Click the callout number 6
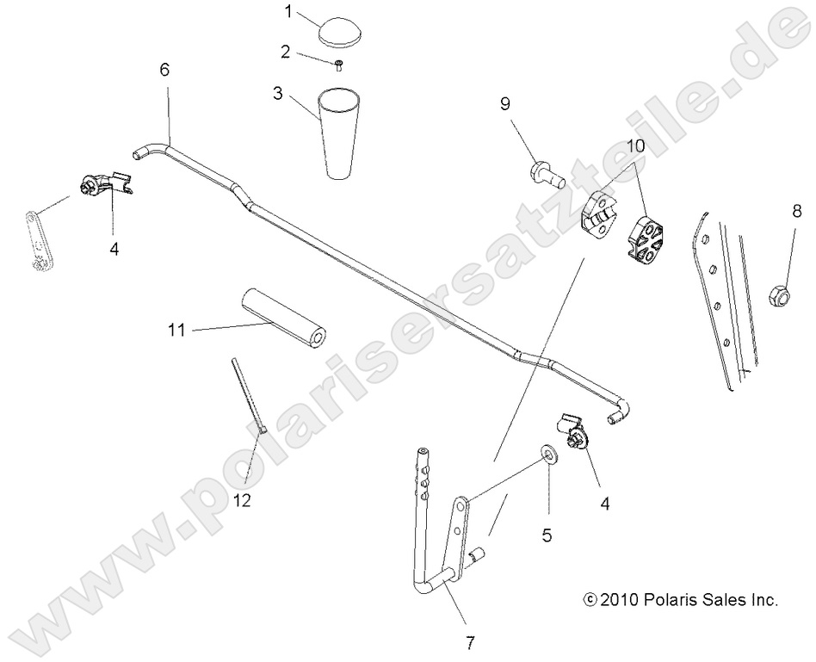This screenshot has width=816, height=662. [x=164, y=71]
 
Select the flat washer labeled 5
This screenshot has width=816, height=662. [x=547, y=454]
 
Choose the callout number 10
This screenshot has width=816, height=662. [x=634, y=147]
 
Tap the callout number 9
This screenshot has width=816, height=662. [x=505, y=104]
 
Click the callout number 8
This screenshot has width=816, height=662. [x=796, y=210]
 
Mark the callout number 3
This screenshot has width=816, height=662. [x=277, y=93]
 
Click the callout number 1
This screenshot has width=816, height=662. [x=289, y=12]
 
